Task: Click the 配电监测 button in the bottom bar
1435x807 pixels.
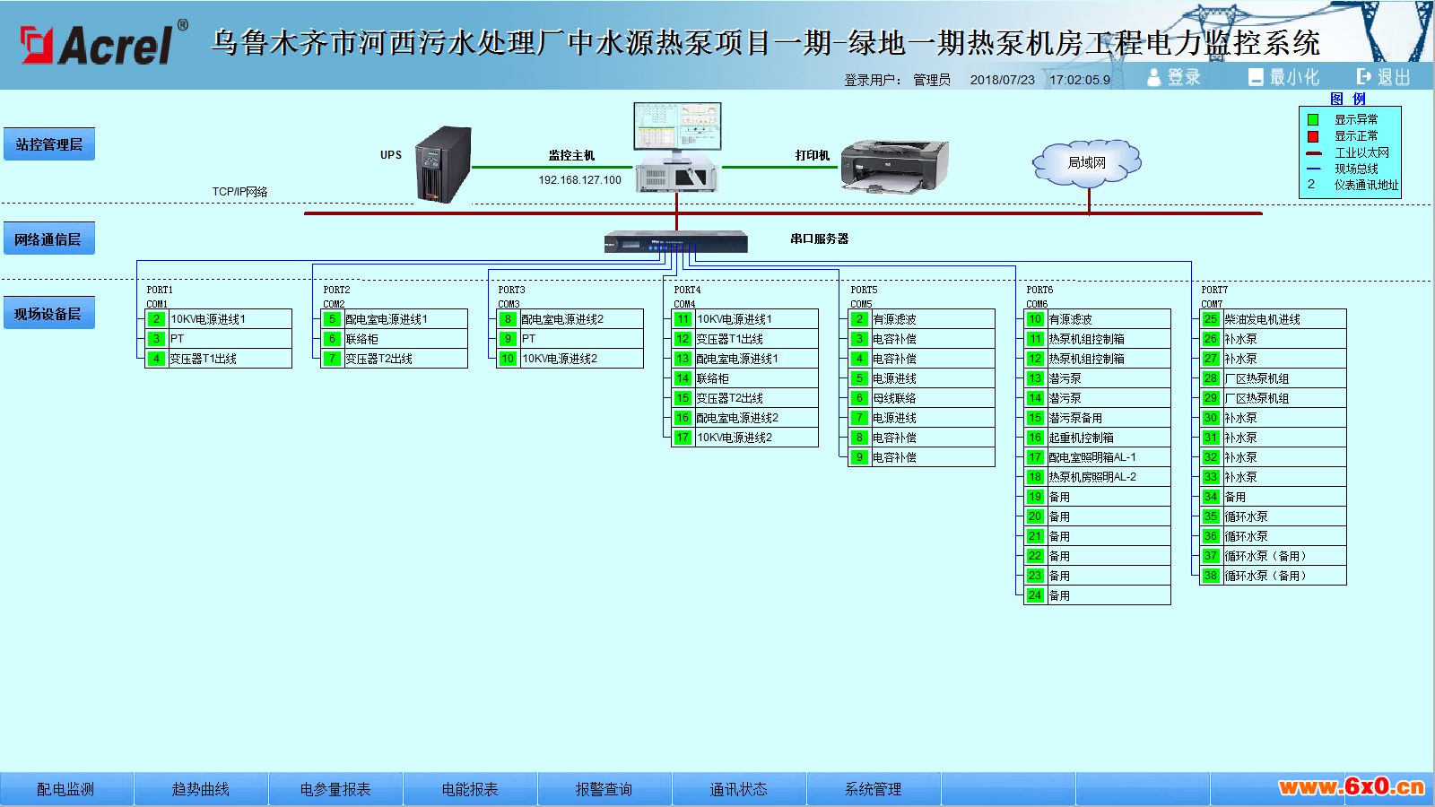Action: (x=66, y=789)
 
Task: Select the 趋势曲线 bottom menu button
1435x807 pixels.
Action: (x=201, y=789)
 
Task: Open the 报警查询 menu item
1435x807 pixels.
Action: (x=604, y=789)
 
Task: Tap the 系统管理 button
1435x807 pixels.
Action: (x=874, y=789)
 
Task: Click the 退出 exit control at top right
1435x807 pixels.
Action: (x=1384, y=77)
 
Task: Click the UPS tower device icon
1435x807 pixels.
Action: (x=443, y=165)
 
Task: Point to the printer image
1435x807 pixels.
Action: (x=894, y=166)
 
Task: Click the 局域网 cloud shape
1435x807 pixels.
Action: (x=1086, y=162)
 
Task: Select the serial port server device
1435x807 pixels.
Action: (x=676, y=241)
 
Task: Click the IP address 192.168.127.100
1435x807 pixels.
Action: (x=579, y=180)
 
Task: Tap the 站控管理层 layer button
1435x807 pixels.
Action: (x=49, y=144)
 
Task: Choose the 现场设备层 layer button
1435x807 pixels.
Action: (x=49, y=313)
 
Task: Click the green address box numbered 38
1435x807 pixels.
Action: (x=1210, y=575)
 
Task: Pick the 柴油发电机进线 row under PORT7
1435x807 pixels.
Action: (x=1273, y=319)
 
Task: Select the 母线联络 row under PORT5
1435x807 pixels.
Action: (x=921, y=398)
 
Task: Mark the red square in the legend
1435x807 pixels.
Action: (x=1313, y=136)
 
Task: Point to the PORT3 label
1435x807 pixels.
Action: (x=511, y=291)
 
